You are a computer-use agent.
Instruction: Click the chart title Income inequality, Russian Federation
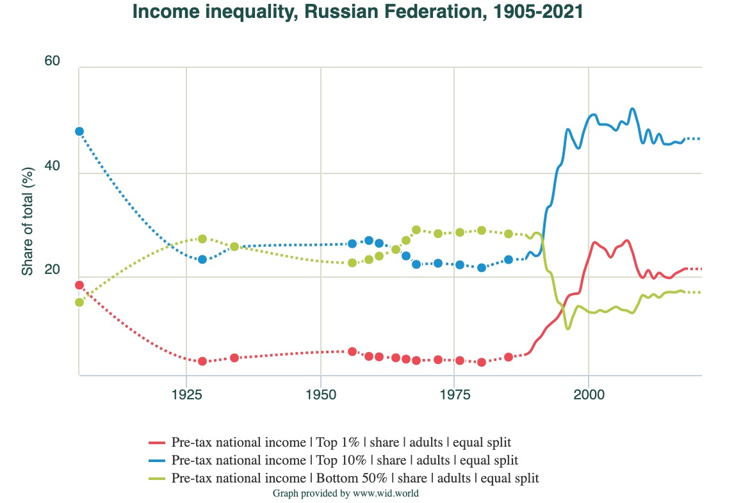point(358,12)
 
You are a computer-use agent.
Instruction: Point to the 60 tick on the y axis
point(52,61)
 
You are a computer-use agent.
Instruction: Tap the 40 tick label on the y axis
point(52,166)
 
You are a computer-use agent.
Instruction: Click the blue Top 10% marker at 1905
point(79,131)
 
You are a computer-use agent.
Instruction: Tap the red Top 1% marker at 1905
point(79,285)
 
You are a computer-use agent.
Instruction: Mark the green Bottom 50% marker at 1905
point(79,302)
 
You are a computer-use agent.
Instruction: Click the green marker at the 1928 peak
point(202,239)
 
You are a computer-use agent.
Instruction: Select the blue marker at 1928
point(202,259)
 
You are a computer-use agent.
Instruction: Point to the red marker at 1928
point(202,361)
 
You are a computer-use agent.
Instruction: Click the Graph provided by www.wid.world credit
point(346,493)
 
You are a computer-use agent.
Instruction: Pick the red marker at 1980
point(482,362)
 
